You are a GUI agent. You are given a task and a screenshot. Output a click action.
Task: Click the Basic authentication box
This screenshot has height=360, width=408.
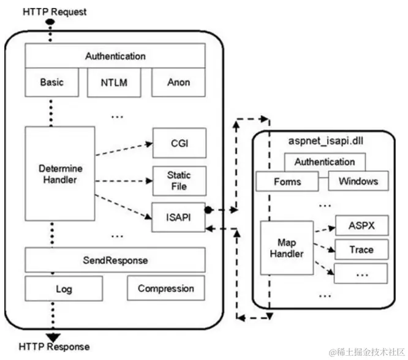(52, 81)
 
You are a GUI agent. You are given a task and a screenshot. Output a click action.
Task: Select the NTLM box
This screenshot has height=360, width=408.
(115, 81)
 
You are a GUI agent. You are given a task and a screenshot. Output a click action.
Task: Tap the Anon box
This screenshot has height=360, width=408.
(178, 81)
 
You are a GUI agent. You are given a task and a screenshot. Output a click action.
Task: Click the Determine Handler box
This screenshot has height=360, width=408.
(59, 173)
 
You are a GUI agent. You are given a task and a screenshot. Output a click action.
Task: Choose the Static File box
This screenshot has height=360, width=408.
(179, 181)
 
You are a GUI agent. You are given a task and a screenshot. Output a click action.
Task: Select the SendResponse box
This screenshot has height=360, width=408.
(115, 260)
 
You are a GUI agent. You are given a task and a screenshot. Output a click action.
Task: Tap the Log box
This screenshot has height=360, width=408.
(59, 289)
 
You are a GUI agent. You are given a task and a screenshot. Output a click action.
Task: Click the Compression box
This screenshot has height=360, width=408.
(165, 289)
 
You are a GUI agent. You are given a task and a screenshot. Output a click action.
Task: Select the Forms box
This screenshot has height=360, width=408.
(287, 181)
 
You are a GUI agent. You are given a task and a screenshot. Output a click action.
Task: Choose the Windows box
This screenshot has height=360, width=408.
(358, 181)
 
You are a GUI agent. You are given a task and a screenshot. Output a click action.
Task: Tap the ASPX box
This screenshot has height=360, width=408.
(361, 225)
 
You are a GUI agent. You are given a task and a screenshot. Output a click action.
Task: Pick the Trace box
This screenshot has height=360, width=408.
(361, 249)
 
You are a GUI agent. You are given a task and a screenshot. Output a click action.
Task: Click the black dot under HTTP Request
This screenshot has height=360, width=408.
(51, 22)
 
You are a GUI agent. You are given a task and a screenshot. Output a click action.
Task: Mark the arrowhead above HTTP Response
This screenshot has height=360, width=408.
(51, 335)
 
